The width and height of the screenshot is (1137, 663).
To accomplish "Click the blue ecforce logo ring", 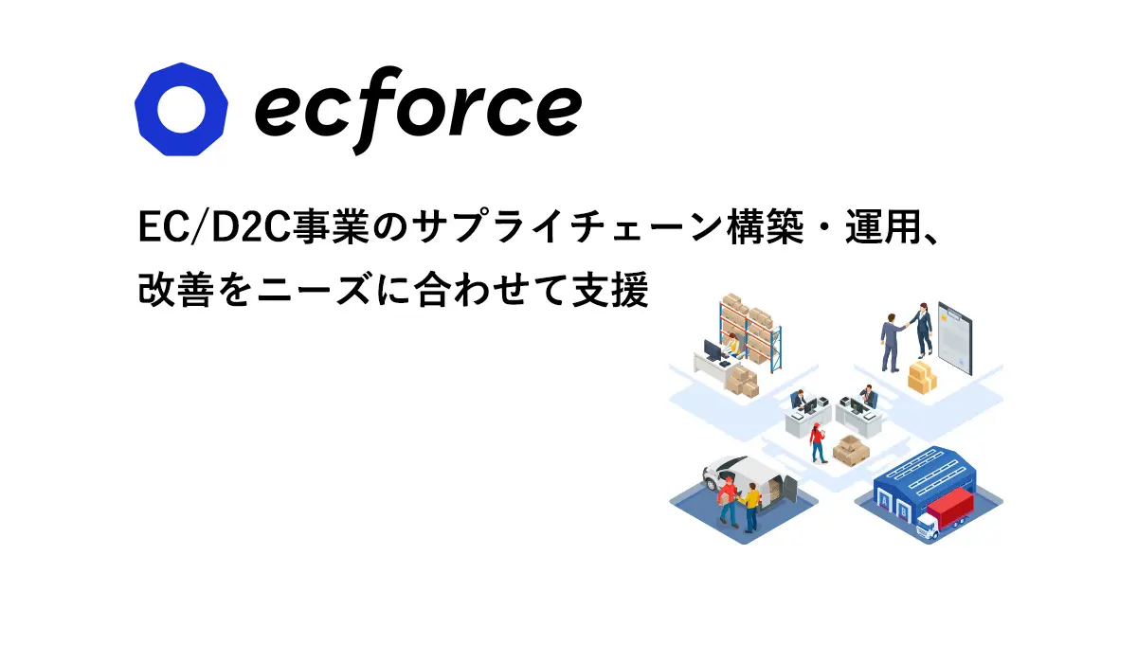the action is pos(147,109).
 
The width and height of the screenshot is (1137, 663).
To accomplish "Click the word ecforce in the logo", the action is pos(418,110).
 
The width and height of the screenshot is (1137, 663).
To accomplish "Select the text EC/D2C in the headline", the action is pos(214,227).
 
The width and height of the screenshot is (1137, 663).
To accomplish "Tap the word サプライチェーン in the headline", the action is pos(567,227).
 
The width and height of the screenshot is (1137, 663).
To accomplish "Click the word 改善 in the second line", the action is pos(175,290).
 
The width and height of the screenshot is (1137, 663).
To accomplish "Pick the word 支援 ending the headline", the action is pos(610,290).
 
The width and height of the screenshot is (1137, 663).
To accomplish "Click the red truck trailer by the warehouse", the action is pos(950,508).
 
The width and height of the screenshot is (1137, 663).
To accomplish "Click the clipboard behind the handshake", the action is pos(955,338).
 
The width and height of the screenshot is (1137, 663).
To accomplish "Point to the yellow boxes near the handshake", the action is pos(921,377).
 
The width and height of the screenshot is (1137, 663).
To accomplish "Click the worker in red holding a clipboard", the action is pos(817,443).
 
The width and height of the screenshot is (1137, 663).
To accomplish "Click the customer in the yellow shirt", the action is pos(750,508).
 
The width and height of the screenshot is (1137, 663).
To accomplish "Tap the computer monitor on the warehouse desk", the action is pos(712,350).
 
